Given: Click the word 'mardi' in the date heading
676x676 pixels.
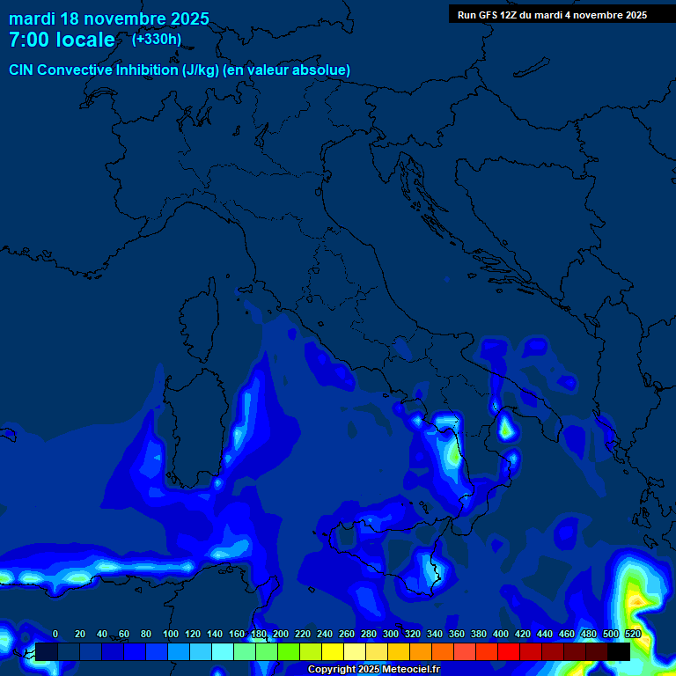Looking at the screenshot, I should point(32,18).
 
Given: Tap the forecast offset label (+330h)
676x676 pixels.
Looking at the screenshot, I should point(157,39).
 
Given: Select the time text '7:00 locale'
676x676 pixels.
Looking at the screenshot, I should point(62,40).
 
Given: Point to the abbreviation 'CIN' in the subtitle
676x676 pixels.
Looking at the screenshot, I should point(22,70).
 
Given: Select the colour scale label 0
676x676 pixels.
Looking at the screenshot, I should point(55,634).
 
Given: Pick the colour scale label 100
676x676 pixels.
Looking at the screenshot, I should point(170,634).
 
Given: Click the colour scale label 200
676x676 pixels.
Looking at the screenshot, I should point(281,634).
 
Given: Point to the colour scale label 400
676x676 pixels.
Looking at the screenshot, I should point(501,634).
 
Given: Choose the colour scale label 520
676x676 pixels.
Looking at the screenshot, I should point(632,634).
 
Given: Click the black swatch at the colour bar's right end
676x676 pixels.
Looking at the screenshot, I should point(619,651).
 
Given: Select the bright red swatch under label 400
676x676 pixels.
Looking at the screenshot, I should point(509,651).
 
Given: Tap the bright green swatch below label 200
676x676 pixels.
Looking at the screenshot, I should point(289,651).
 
